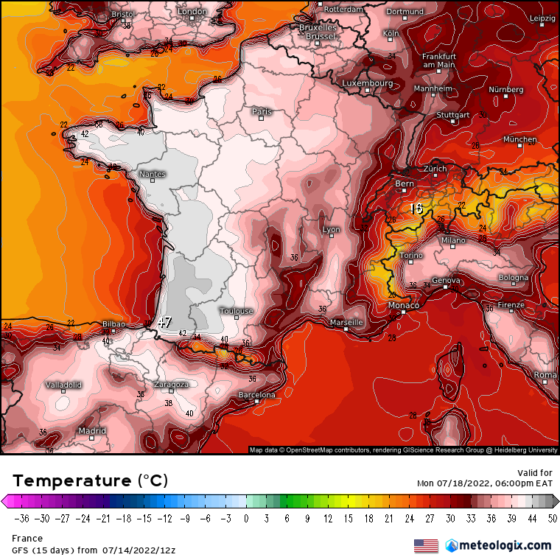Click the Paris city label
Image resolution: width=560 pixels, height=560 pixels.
[262, 112]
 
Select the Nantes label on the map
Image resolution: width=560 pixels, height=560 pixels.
[153, 175]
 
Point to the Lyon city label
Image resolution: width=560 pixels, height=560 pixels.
[332, 230]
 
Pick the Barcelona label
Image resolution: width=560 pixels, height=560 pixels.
[256, 396]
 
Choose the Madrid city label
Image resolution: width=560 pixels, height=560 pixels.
[92, 431]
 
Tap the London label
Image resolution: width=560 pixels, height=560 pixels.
[192, 12]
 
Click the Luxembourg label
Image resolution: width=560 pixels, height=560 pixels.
[367, 83]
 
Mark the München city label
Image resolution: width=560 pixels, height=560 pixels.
[520, 139]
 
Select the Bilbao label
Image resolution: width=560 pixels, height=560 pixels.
[113, 324]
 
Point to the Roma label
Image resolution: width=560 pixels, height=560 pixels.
[545, 375]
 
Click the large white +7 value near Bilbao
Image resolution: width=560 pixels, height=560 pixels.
[165, 323]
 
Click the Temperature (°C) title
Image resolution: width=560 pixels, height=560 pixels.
[90, 480]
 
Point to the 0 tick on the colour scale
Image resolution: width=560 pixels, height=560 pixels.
[245, 519]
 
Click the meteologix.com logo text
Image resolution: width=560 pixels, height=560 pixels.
[505, 545]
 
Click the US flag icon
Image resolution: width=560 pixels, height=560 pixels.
[425, 546]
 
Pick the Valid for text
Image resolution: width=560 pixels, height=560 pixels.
[535, 473]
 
